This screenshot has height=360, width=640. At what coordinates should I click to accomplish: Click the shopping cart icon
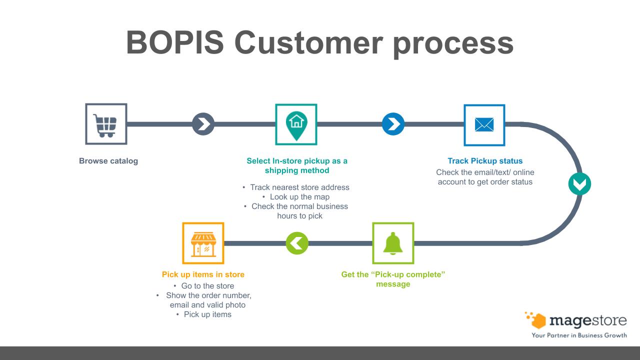[105, 124]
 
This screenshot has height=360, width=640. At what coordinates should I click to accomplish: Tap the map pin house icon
[296, 124]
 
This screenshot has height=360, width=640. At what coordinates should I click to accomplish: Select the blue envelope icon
[484, 125]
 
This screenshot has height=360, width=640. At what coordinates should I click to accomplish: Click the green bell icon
[393, 243]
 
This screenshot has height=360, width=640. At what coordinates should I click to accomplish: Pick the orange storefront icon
[203, 243]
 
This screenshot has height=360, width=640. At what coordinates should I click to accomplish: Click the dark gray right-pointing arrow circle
[203, 124]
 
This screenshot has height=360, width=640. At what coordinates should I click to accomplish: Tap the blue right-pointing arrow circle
[393, 124]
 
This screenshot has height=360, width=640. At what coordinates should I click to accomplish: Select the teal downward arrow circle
[579, 184]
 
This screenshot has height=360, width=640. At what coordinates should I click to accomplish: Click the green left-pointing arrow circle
[297, 243]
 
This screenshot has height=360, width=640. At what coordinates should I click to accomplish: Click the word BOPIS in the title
[175, 42]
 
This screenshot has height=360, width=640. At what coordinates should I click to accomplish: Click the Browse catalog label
[108, 161]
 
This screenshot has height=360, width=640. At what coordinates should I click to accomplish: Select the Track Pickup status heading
[485, 161]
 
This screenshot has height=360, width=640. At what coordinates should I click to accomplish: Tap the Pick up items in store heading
[203, 274]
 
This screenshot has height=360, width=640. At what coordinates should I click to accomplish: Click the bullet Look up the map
[299, 197]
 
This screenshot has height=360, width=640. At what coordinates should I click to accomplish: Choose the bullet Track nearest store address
[299, 187]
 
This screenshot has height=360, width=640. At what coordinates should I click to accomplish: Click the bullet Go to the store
[207, 286]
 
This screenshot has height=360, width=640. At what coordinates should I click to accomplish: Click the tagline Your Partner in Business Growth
[579, 335]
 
